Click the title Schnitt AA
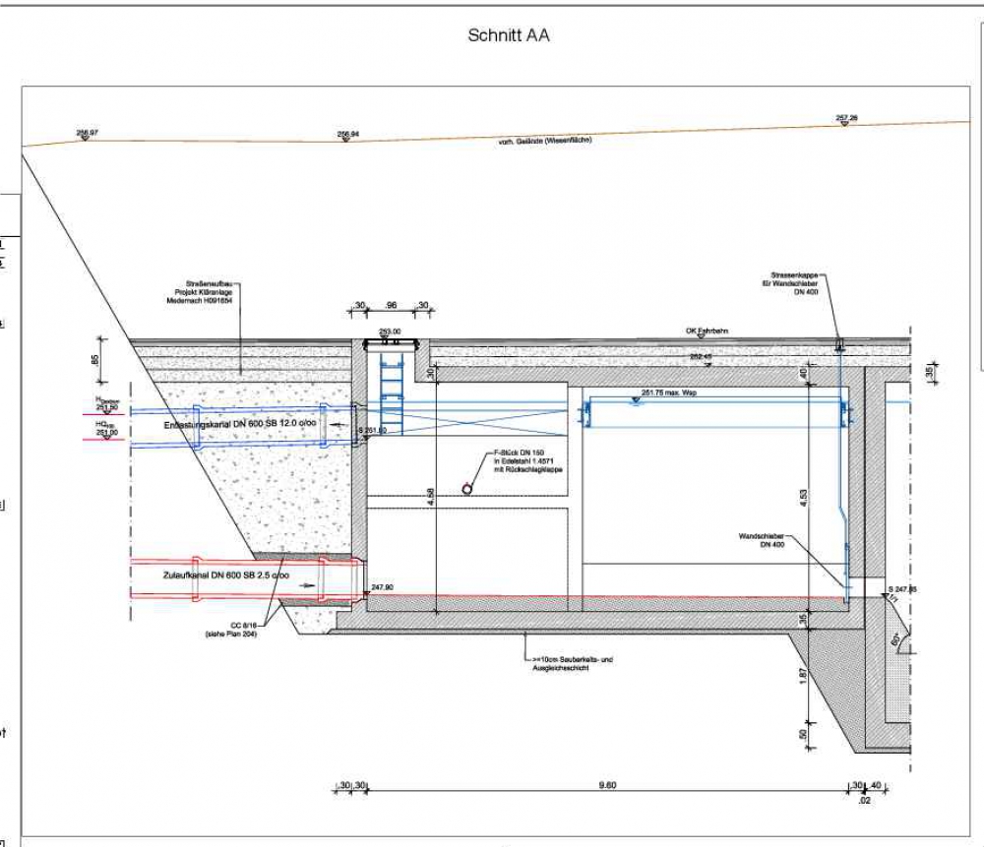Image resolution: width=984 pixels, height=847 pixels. click(508, 36)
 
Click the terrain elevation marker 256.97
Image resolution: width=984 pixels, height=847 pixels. click(87, 133)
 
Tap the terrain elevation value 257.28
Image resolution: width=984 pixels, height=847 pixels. click(846, 118)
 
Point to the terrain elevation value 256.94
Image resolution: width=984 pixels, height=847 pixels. click(347, 134)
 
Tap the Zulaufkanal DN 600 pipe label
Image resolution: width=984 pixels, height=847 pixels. click(225, 575)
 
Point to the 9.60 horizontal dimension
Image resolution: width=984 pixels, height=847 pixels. click(607, 785)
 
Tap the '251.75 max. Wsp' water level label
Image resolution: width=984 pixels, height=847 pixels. click(669, 393)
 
